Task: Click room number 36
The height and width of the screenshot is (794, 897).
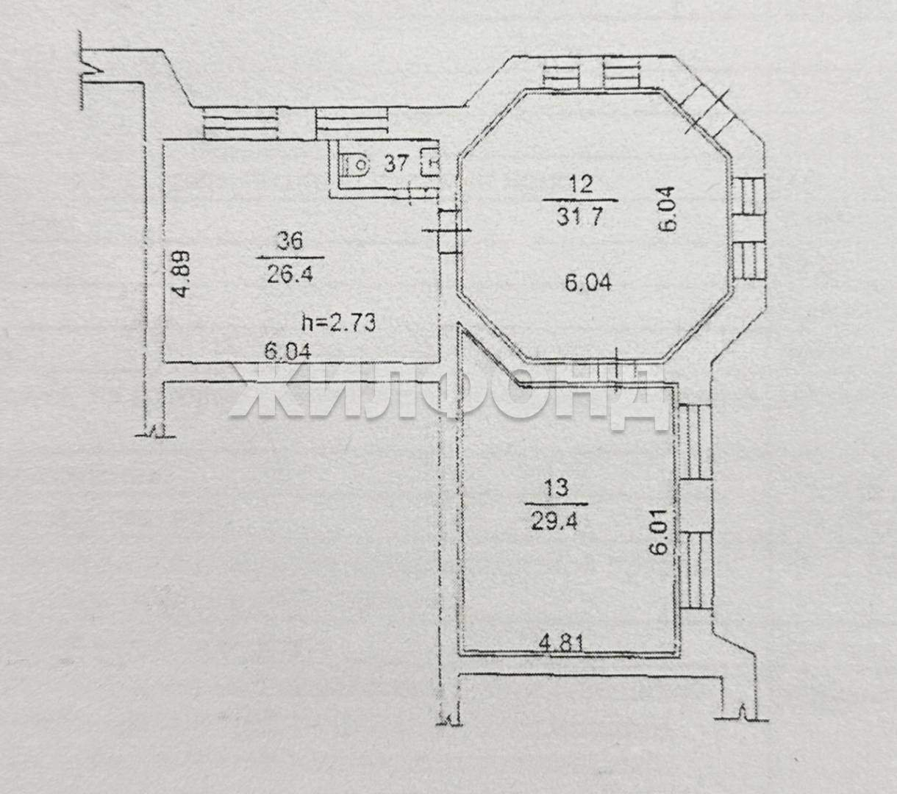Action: tap(290, 242)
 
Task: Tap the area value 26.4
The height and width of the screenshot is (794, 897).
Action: tap(290, 274)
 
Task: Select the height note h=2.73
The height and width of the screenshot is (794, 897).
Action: tap(339, 323)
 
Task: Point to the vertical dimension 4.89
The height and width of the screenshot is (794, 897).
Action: tap(182, 273)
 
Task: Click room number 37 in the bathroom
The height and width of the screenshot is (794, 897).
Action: tap(396, 164)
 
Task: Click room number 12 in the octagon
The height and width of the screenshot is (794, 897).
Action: tap(581, 184)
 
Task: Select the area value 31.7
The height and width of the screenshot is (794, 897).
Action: tap(579, 217)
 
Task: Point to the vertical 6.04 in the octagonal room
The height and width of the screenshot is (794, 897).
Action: tap(665, 209)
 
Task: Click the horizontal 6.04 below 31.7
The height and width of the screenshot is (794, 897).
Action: tap(588, 282)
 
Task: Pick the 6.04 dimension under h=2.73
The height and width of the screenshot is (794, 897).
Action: tap(287, 352)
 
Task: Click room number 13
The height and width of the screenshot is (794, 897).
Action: tap(556, 487)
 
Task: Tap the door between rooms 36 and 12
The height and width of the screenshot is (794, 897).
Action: tap(449, 231)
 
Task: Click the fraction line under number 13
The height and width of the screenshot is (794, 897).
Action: tap(556, 504)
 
